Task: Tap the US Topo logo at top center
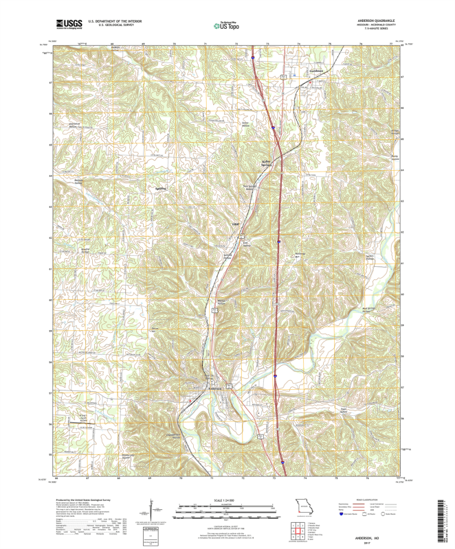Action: (227, 26)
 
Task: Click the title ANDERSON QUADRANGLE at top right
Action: (377, 21)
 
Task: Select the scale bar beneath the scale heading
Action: (227, 509)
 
